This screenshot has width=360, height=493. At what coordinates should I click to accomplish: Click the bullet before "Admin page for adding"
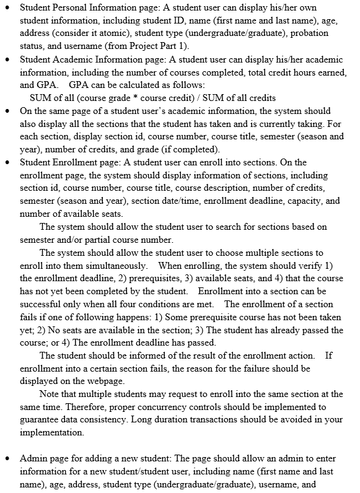[7, 459]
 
